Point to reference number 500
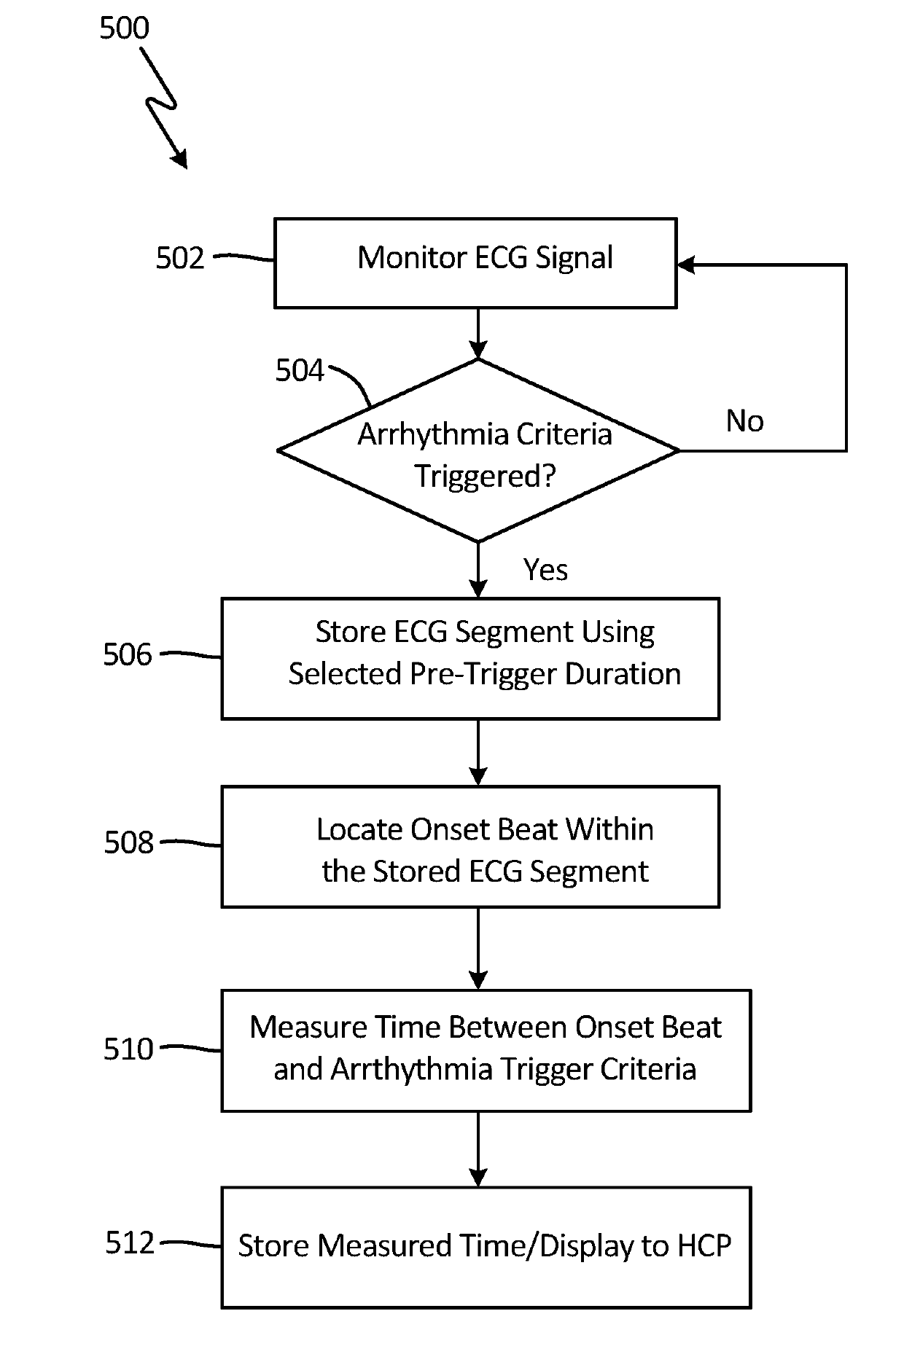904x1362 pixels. pyautogui.click(x=124, y=28)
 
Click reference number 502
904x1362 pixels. pyautogui.click(x=180, y=258)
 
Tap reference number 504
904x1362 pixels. pyautogui.click(x=300, y=371)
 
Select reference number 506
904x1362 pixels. pyautogui.click(x=128, y=654)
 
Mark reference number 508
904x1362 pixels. pyautogui.click(x=129, y=842)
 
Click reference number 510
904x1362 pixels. pyautogui.click(x=128, y=1049)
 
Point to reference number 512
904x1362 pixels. pyautogui.click(x=130, y=1243)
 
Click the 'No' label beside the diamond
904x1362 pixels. pyautogui.click(x=745, y=421)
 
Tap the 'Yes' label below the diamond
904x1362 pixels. pyautogui.click(x=545, y=570)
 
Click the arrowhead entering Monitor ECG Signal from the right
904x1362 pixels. pyautogui.click(x=686, y=265)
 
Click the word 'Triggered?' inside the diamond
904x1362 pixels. pyautogui.click(x=486, y=477)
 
